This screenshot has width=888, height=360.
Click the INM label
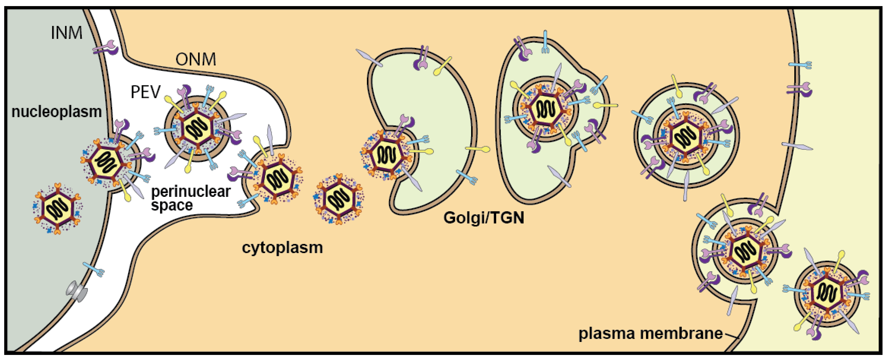[x=67, y=33]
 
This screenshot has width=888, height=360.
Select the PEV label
[x=145, y=92]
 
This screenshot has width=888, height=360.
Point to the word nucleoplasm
[x=56, y=112]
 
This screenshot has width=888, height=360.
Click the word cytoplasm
[x=282, y=248]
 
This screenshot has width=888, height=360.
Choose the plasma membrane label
[x=650, y=333]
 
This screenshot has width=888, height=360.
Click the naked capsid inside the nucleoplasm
[x=57, y=208]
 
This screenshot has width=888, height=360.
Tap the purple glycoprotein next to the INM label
[x=106, y=47]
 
